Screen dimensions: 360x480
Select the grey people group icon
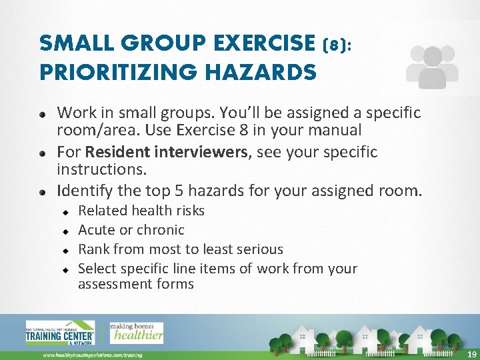432,67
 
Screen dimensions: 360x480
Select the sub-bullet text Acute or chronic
131,230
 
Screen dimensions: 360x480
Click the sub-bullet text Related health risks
141,211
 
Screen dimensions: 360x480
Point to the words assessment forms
136,284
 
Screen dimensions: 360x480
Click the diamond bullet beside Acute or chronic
67,231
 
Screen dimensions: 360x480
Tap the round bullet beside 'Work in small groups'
43,113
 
